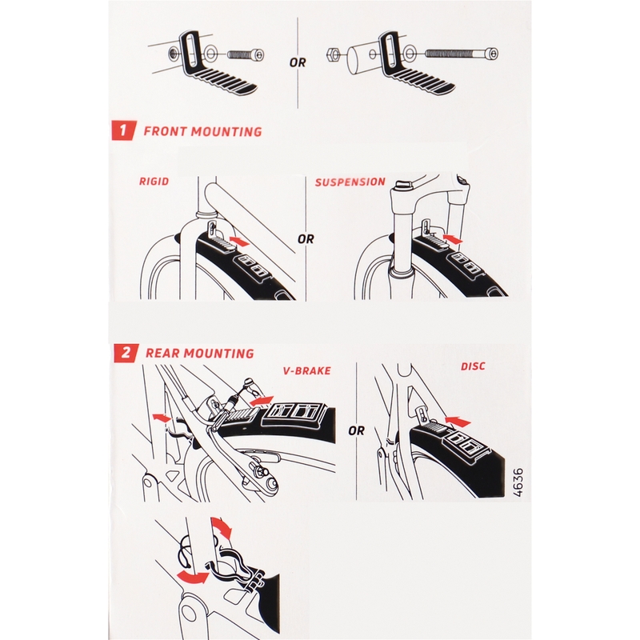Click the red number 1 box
click(x=122, y=130)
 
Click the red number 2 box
click(x=126, y=352)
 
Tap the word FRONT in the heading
click(x=166, y=131)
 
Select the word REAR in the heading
click(x=163, y=353)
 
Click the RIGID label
click(x=154, y=182)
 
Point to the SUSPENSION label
click(x=350, y=182)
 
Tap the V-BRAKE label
click(x=307, y=370)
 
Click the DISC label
click(x=473, y=366)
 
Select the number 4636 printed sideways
click(x=517, y=482)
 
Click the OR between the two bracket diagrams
click(x=298, y=63)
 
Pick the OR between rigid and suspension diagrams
click(x=306, y=238)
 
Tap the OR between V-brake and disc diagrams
click(x=356, y=430)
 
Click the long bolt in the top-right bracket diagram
click(x=462, y=53)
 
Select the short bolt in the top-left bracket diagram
click(x=246, y=54)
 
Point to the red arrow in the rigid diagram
click(x=239, y=241)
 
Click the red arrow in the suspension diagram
click(x=453, y=238)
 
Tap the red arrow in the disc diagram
click(x=458, y=422)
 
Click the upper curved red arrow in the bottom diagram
click(x=222, y=528)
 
